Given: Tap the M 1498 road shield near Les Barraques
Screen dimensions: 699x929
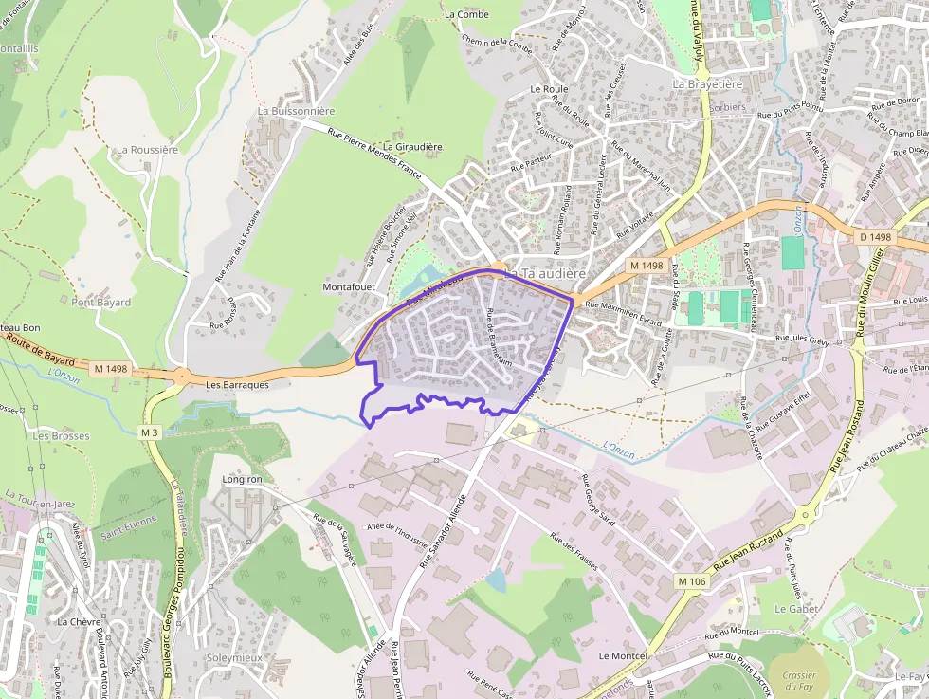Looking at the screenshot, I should (110, 368).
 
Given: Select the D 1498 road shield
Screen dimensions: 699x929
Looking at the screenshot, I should (875, 236).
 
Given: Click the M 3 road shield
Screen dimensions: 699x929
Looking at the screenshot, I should (148, 432).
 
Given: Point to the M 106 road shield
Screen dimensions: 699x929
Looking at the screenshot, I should (693, 580).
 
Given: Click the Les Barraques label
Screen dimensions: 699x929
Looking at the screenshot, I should (237, 385).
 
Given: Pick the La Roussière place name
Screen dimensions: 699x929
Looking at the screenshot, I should (147, 150).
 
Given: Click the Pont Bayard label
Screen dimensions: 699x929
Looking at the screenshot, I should (101, 303).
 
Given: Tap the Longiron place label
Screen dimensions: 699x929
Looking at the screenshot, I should (241, 480).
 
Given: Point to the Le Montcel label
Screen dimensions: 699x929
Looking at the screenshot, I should (623, 656).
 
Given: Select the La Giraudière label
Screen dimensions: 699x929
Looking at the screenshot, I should (406, 147).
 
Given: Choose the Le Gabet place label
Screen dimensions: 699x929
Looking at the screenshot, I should (795, 609).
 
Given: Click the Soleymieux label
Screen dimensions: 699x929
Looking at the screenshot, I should (233, 657).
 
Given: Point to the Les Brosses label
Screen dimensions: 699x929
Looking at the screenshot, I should (61, 436).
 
